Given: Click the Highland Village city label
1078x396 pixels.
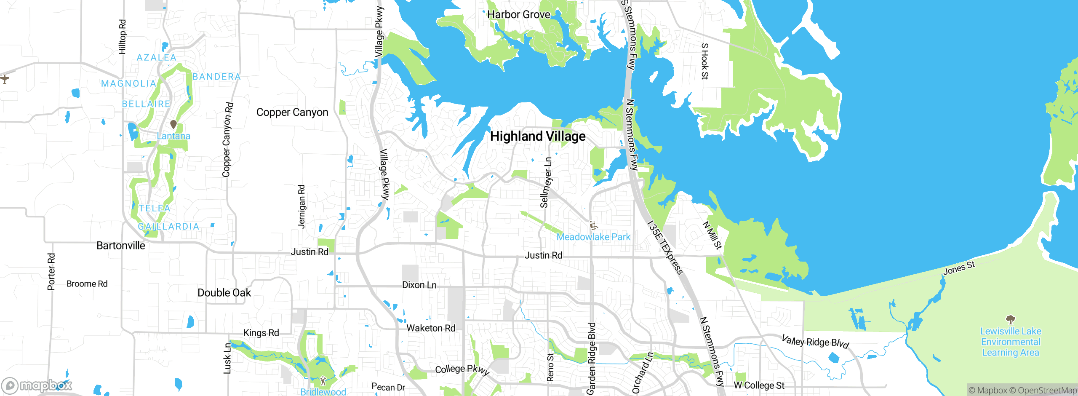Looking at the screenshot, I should click(x=538, y=136).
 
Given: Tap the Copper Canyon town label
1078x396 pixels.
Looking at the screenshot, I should click(x=292, y=112).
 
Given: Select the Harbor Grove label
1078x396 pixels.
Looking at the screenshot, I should click(x=518, y=15).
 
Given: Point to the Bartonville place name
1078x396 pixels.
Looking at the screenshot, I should click(x=121, y=246).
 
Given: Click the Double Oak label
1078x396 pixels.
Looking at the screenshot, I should click(x=224, y=293).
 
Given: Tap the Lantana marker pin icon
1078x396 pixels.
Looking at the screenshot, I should click(x=173, y=124).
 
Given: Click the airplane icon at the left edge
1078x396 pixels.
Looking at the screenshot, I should click(x=5, y=79).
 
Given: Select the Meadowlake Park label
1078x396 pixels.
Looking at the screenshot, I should click(x=593, y=237).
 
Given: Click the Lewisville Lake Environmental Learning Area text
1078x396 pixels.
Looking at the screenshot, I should click(x=1010, y=342).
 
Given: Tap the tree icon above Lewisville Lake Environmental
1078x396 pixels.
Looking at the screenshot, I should click(x=1010, y=319).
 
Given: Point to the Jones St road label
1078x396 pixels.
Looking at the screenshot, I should click(x=959, y=268).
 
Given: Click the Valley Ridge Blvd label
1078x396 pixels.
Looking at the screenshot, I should click(x=815, y=342).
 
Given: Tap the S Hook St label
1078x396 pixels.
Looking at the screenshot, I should click(x=704, y=61).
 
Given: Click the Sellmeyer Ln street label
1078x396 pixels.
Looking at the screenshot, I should click(x=546, y=182).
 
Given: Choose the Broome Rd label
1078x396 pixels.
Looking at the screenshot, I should click(x=87, y=284).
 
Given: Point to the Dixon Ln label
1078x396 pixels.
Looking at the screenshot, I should click(x=419, y=285).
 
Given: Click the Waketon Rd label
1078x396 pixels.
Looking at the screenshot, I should click(x=431, y=328).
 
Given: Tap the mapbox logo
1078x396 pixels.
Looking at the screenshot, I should click(x=37, y=385).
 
